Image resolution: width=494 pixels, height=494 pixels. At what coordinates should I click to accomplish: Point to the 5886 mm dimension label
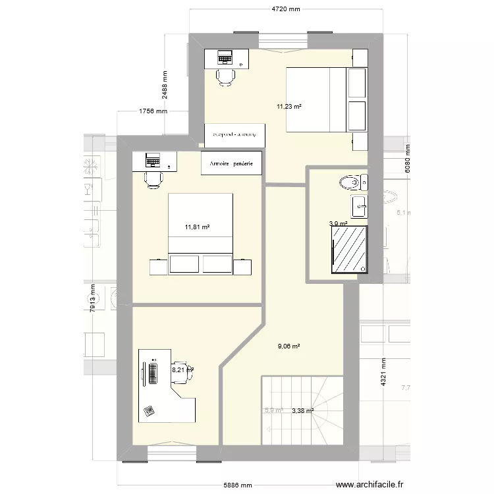pyautogui.click(x=236, y=486)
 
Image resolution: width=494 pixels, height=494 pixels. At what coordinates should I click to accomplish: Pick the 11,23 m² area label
pyautogui.click(x=289, y=105)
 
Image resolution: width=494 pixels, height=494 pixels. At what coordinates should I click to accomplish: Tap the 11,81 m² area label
pyautogui.click(x=197, y=227)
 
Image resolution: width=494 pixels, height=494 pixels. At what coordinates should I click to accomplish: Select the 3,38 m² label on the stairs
pyautogui.click(x=302, y=410)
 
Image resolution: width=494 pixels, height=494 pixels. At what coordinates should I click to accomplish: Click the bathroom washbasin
pyautogui.click(x=360, y=206)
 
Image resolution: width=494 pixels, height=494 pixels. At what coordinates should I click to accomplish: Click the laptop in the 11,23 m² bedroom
pyautogui.click(x=225, y=58)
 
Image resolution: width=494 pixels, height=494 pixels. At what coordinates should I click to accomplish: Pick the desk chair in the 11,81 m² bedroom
pyautogui.click(x=153, y=179)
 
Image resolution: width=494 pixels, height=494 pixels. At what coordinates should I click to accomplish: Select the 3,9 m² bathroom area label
pyautogui.click(x=337, y=224)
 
